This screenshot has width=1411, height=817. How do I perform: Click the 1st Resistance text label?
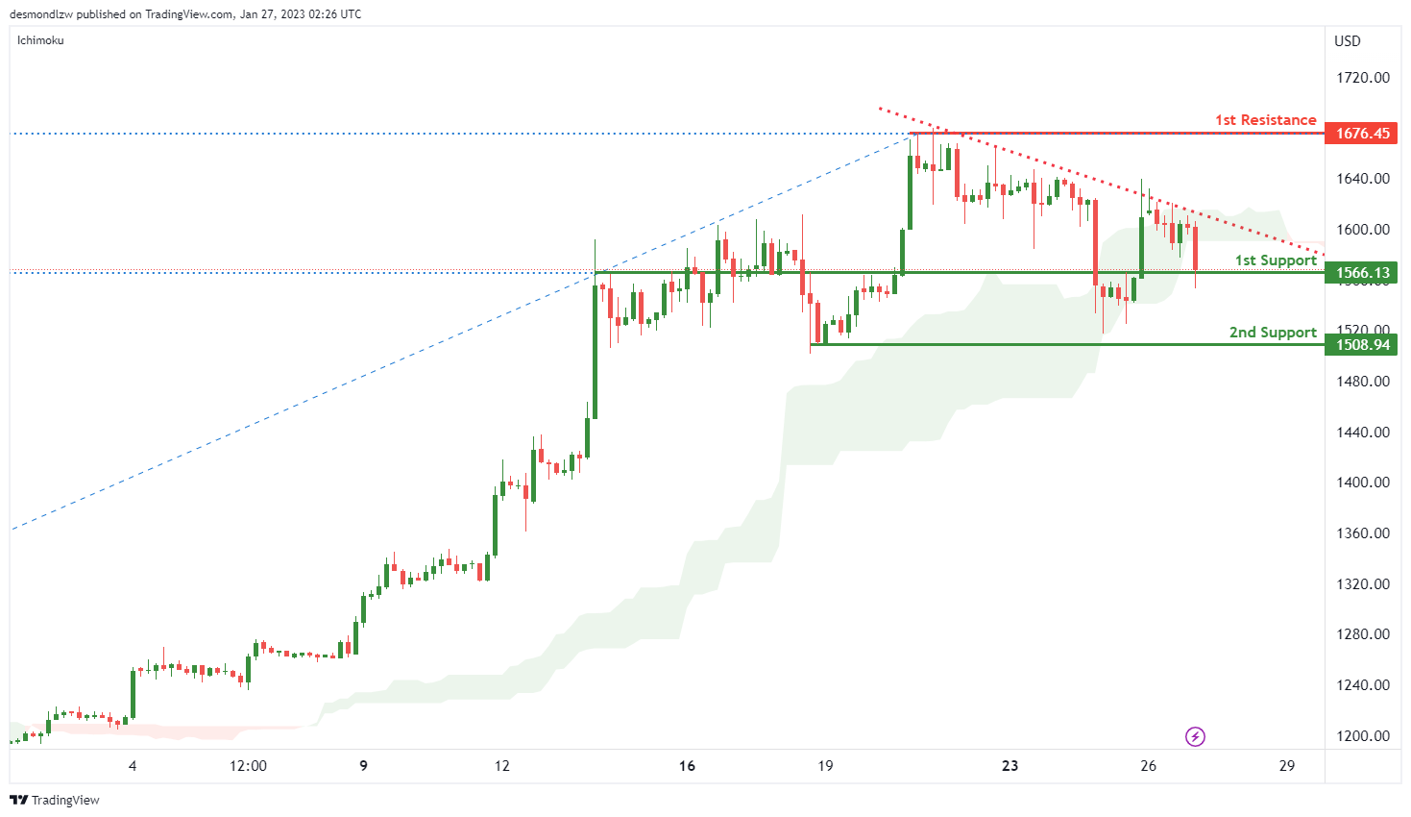tap(1265, 120)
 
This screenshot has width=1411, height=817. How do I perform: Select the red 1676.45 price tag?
tap(1362, 134)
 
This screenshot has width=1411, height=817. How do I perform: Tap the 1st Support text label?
tap(1276, 260)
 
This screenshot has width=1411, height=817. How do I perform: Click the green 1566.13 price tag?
tap(1362, 273)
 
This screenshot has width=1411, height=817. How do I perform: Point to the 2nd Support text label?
tap(1273, 333)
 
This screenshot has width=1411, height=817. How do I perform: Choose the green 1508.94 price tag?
tap(1362, 345)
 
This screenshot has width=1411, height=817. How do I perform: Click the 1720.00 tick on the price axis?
tap(1362, 78)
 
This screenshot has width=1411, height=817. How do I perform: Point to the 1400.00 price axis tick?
tap(1362, 483)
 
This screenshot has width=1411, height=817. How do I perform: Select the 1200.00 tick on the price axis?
tap(1362, 736)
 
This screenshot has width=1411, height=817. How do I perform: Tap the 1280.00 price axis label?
tap(1362, 634)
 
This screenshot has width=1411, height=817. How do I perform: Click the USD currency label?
tap(1347, 41)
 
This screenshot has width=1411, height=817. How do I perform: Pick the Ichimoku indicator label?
tap(40, 40)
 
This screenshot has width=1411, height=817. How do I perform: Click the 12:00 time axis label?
tap(248, 766)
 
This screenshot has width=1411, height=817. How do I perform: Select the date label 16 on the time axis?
tap(687, 766)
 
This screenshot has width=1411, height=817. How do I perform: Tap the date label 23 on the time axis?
tap(1010, 766)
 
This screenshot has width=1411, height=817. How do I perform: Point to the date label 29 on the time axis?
tap(1287, 766)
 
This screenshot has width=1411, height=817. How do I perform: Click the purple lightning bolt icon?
tap(1195, 737)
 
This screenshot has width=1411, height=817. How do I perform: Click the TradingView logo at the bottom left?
tap(55, 800)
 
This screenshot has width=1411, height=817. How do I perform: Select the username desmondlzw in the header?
tap(41, 14)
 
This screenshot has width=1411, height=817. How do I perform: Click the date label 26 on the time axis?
tap(1148, 766)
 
